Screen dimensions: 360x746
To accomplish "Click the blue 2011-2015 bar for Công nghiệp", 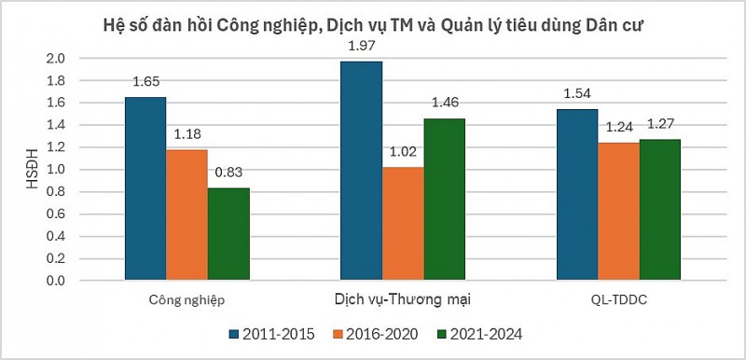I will click(x=145, y=188).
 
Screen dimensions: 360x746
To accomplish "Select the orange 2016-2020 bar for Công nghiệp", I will click(x=186, y=215).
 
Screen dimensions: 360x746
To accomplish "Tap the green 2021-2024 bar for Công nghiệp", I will click(x=228, y=234).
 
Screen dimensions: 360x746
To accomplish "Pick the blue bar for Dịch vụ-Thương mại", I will click(x=361, y=171).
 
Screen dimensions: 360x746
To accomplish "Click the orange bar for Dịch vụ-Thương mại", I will click(x=403, y=224).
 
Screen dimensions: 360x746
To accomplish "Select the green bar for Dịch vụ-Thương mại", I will click(x=444, y=200).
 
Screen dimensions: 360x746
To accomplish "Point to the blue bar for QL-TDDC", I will click(x=577, y=195).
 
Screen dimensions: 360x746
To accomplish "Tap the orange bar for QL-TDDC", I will click(x=618, y=212).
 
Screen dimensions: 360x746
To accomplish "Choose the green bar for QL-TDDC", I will click(x=660, y=210).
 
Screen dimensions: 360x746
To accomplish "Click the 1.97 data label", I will click(x=361, y=46).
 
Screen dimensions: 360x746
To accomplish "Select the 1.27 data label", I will click(x=660, y=123).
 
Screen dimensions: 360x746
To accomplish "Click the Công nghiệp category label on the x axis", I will click(x=186, y=300).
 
